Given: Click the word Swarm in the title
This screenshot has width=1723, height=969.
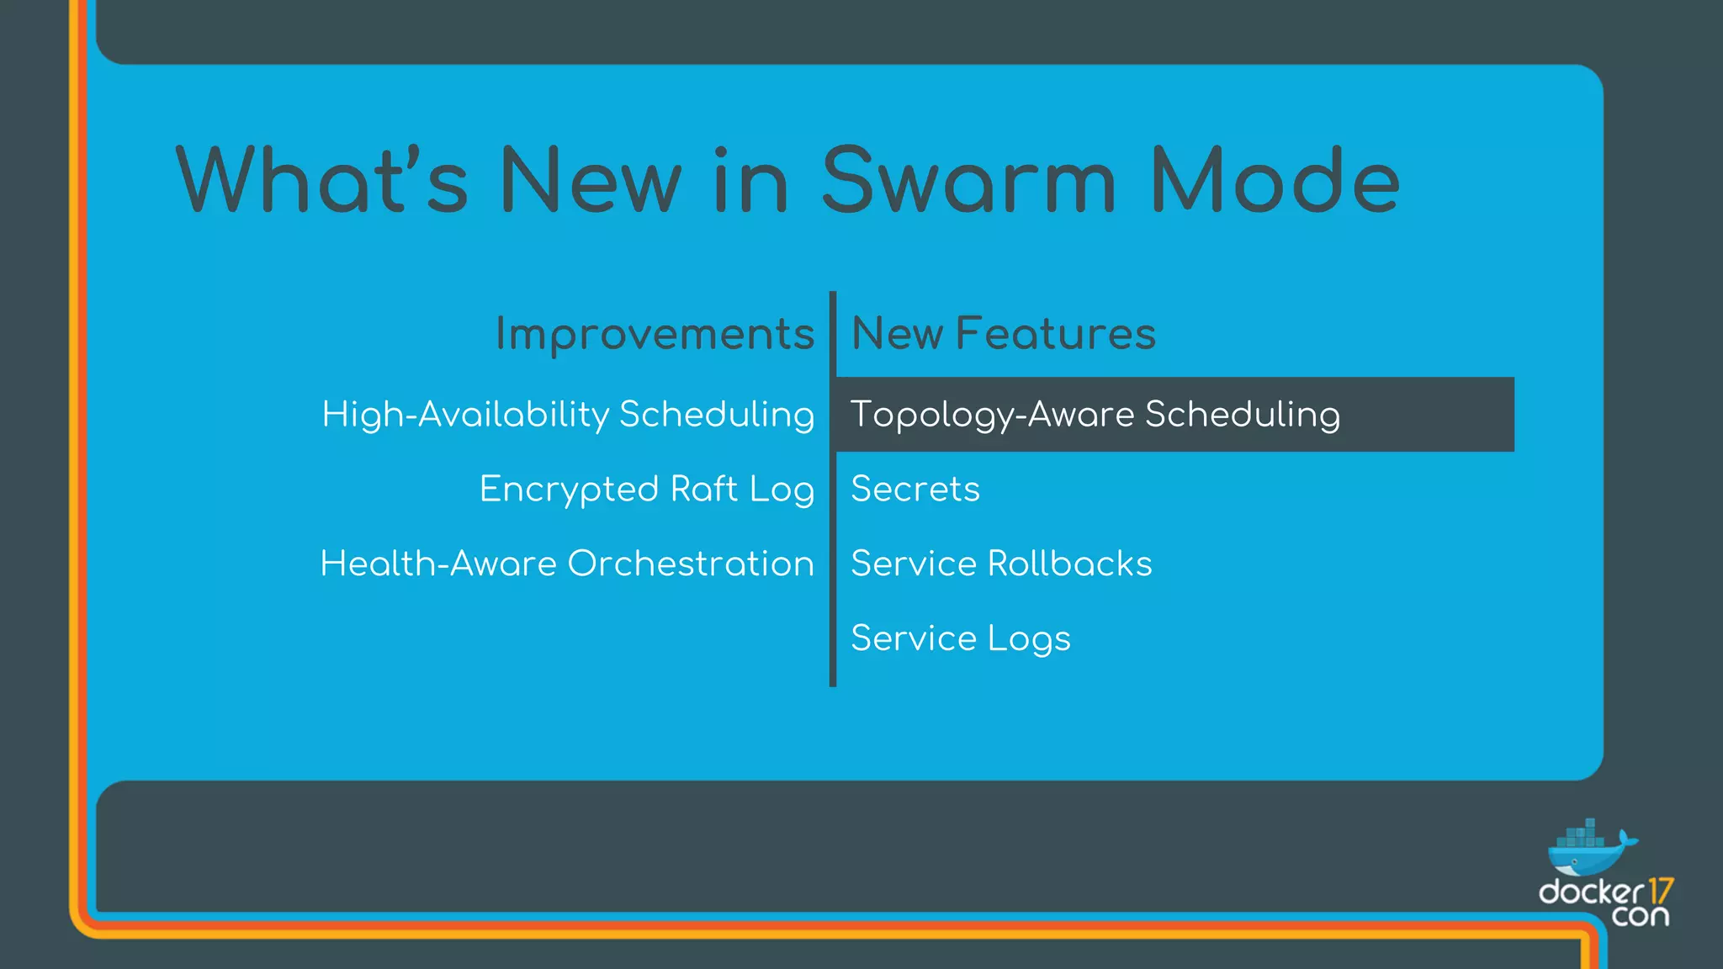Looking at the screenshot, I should [x=968, y=181].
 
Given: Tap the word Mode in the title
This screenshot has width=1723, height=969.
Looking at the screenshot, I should [x=1274, y=181].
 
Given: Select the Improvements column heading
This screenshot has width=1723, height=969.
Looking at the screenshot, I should [x=655, y=334].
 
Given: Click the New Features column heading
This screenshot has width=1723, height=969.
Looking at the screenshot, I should [x=1003, y=333].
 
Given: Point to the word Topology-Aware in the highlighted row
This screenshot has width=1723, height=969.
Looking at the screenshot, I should [x=992, y=415].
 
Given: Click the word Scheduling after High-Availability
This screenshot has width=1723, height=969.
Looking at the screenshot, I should [x=716, y=415].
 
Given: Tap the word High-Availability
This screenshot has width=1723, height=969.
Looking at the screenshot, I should [x=465, y=415].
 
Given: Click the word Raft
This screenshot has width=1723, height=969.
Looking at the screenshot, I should [x=703, y=490].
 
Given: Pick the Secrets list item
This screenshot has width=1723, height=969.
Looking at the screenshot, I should [x=915, y=490].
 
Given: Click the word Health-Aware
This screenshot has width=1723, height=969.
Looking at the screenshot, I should [x=437, y=564].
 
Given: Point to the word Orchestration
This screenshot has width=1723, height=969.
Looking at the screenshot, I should [x=691, y=564].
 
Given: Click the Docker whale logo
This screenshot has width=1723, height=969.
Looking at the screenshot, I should [x=1588, y=850].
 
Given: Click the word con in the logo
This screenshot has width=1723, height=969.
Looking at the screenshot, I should [x=1640, y=916].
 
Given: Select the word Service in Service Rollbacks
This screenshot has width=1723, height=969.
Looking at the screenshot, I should [x=913, y=564].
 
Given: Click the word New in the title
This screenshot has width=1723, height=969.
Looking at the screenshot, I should [x=590, y=181].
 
